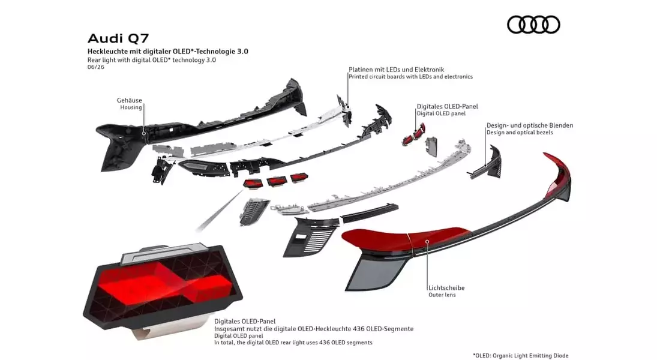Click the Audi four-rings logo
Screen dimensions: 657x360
[533, 25]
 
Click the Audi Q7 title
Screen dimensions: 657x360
[118, 38]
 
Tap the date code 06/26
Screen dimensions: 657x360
[96, 67]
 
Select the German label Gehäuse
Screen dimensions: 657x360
[130, 100]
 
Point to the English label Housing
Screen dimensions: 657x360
[131, 107]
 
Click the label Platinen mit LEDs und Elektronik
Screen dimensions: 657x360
[397, 70]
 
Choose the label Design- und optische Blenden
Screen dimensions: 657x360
[530, 125]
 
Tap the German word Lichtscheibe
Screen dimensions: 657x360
[446, 288]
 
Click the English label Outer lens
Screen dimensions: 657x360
[442, 295]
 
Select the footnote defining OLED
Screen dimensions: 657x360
[521, 355]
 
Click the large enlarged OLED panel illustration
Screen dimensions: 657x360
[163, 289]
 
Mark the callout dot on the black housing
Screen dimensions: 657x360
[144, 134]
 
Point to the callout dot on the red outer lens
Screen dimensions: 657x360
[427, 241]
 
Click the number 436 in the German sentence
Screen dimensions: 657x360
[358, 329]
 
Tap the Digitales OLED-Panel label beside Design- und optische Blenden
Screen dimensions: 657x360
[447, 106]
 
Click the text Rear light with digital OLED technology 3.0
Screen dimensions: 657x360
[152, 60]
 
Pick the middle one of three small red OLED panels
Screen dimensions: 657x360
[277, 181]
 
